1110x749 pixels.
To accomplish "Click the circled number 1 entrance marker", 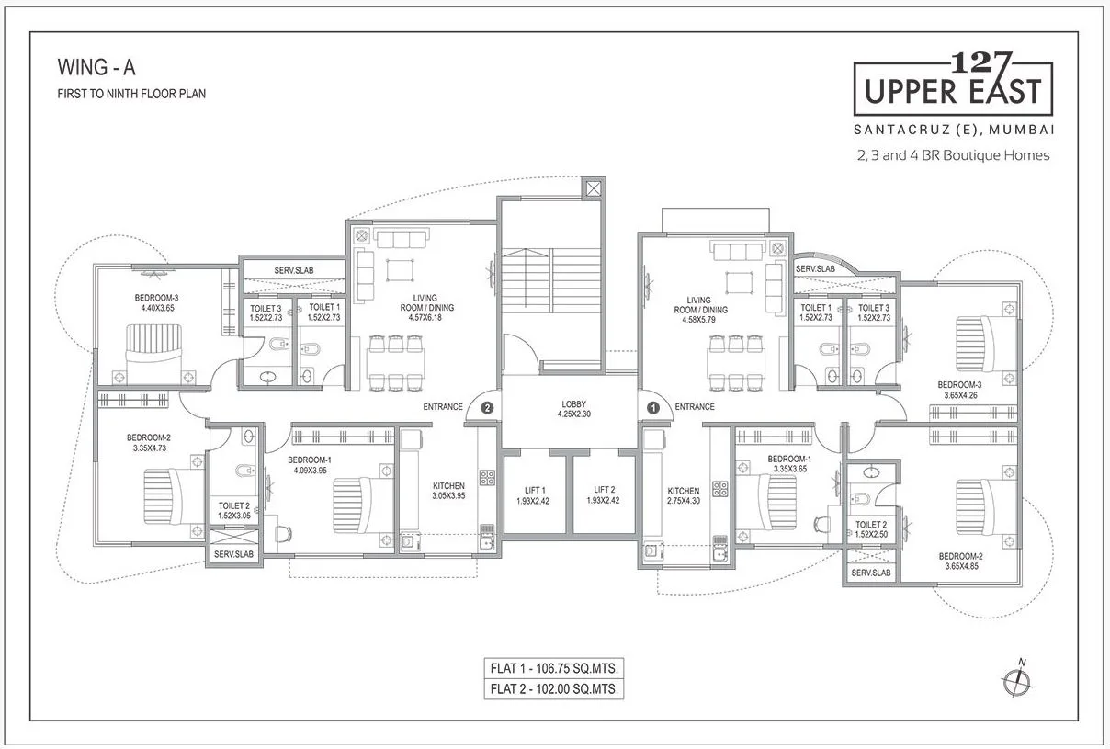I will [x=653, y=406].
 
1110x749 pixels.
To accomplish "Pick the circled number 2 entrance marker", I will [x=488, y=406].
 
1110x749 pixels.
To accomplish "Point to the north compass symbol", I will [x=1014, y=680].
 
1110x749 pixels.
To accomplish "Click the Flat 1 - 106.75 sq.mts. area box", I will [x=553, y=668].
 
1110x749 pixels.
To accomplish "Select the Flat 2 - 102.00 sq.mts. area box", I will [x=553, y=688].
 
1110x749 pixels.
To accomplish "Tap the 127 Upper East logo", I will [x=952, y=84].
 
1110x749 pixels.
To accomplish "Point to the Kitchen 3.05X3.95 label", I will [x=449, y=491].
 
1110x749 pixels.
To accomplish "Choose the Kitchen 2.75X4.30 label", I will [x=683, y=496].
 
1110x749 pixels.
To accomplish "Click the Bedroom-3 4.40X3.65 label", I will [x=157, y=302].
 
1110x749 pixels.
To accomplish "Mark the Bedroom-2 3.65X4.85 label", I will [x=960, y=562].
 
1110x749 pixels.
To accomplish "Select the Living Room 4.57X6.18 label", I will [x=425, y=308].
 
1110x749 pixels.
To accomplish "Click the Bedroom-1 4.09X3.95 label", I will [x=307, y=465].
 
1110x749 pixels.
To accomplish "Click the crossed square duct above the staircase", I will [x=592, y=188].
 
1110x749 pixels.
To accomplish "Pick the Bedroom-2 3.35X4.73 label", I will [x=149, y=443].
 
